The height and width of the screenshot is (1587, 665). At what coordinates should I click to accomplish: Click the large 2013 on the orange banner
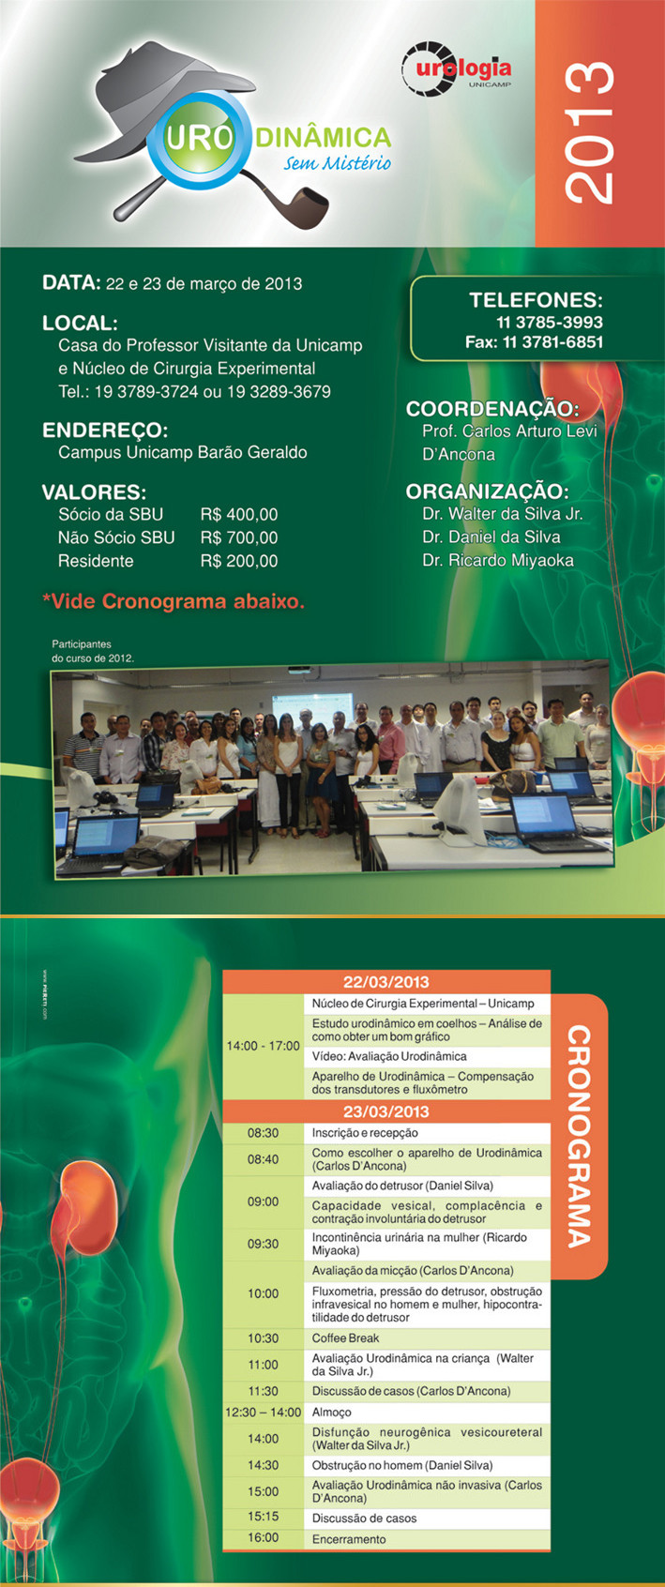coord(589,133)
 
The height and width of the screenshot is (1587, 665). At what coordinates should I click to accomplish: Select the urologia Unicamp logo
coord(456,68)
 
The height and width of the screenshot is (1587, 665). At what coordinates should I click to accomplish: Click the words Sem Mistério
coord(337,163)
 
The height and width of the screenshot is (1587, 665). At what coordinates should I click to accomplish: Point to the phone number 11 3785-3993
coord(550,323)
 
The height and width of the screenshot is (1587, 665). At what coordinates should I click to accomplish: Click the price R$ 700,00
coord(238,537)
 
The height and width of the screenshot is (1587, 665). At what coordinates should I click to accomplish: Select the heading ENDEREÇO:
coord(105,431)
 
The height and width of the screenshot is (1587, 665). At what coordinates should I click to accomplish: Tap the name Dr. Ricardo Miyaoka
coord(498,560)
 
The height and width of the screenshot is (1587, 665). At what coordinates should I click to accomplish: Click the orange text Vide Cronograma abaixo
coord(174,601)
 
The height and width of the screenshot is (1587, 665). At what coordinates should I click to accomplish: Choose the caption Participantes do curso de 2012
coord(93,651)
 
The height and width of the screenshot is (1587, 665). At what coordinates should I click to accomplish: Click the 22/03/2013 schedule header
coord(386,982)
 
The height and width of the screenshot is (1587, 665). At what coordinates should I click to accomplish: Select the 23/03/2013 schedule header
coord(386,1111)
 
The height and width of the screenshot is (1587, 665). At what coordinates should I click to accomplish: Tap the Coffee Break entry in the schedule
coord(345,1338)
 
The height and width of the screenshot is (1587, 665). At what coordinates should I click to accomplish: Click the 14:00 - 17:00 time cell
coord(264,1046)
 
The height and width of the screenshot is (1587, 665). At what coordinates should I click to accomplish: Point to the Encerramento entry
coord(349,1539)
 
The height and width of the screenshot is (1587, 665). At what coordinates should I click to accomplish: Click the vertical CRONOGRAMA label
coord(580,1137)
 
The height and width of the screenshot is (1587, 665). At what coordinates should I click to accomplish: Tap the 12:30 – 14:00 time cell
coord(264,1412)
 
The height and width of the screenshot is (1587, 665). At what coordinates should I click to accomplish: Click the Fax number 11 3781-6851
coord(534,342)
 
